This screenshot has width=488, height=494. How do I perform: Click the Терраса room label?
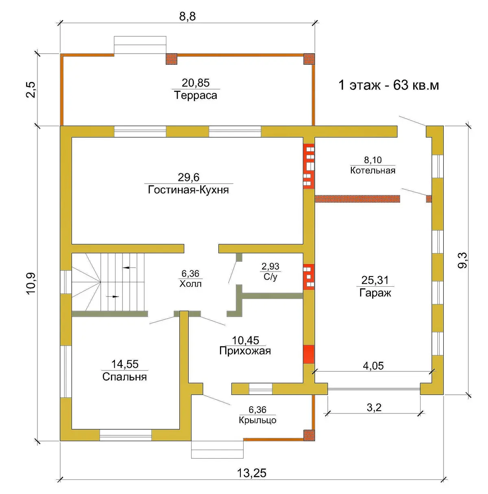(x=196, y=96)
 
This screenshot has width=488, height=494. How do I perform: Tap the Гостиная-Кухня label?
(x=188, y=190)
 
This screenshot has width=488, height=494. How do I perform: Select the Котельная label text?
(x=373, y=170)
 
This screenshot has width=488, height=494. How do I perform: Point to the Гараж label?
(x=375, y=293)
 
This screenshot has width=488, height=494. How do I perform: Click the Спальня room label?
(x=124, y=377)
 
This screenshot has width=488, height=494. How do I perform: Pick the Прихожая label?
(x=245, y=351)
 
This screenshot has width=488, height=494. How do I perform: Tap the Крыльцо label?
(x=257, y=420)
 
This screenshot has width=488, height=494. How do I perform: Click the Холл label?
(x=191, y=284)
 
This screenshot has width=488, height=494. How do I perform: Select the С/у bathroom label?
(x=270, y=277)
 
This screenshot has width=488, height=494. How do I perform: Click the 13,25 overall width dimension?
(x=251, y=473)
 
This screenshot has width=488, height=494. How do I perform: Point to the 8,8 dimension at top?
(x=187, y=17)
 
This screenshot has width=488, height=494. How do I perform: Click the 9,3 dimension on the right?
(x=462, y=260)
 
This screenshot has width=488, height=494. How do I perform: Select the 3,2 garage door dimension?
(x=374, y=407)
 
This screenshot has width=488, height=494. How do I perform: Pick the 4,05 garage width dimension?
(x=373, y=366)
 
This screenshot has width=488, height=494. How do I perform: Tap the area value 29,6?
(x=188, y=177)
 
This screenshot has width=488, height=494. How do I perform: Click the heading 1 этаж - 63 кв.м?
(x=389, y=85)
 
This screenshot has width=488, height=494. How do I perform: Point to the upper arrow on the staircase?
(x=129, y=268)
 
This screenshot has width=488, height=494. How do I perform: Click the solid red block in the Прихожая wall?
(x=309, y=354)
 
